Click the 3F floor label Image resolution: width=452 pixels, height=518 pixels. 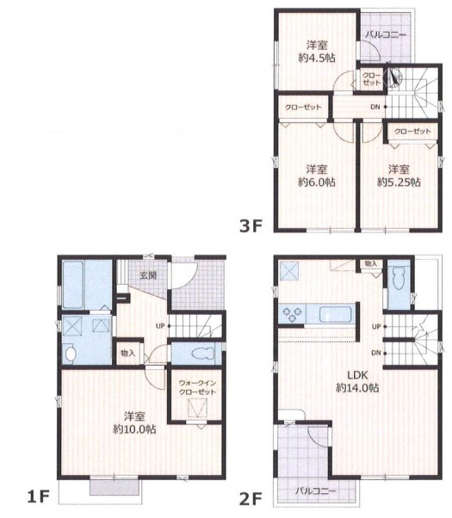(251, 226)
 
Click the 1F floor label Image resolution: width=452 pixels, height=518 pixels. (39, 496)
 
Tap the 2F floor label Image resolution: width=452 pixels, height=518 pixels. (251, 499)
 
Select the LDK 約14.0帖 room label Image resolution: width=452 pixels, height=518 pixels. (357, 381)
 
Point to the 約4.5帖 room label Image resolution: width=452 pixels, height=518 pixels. (317, 58)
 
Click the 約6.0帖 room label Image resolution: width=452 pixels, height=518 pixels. (317, 182)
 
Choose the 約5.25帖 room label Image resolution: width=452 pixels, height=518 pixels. (399, 182)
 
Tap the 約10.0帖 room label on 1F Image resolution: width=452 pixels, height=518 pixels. (134, 429)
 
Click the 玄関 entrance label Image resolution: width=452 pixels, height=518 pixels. (148, 275)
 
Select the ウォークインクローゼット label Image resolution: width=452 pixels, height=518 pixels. (197, 387)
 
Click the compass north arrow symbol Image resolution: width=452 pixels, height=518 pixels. (393, 77)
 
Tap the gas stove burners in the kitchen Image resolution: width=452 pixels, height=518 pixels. (293, 314)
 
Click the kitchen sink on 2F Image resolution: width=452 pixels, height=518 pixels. (335, 314)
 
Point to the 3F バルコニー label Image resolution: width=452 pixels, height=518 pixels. (386, 34)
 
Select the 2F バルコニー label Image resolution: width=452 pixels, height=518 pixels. (315, 491)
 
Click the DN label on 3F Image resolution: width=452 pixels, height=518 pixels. (375, 107)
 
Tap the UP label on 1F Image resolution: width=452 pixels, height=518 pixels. (160, 326)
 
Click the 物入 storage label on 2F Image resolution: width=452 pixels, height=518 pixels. (370, 264)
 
